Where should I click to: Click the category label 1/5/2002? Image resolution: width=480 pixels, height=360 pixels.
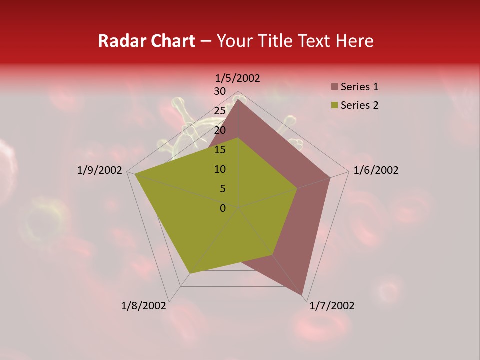click(x=237, y=78)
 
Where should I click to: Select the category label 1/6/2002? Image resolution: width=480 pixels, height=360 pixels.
click(x=376, y=170)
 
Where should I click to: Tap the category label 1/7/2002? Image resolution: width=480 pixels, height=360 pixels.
click(x=332, y=306)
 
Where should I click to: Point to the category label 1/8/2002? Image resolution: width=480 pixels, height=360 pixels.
click(x=144, y=306)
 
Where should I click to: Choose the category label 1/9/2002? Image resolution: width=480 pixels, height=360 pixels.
click(x=100, y=170)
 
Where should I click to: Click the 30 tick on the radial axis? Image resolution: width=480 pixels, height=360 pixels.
click(x=220, y=91)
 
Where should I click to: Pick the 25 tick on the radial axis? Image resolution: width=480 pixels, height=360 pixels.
click(x=220, y=111)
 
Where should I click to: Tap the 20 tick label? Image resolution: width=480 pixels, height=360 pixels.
click(x=220, y=130)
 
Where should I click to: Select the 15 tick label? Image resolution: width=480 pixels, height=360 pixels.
click(x=220, y=150)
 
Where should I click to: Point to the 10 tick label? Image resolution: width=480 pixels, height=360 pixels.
click(x=220, y=169)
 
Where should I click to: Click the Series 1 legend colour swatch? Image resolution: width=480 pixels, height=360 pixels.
click(x=334, y=87)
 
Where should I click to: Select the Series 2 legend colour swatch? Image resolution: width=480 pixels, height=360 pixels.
click(x=334, y=105)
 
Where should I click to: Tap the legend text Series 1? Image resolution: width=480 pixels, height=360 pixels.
click(x=359, y=87)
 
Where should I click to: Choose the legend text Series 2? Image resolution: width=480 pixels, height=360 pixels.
click(x=359, y=105)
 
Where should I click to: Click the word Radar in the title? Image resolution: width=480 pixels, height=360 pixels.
click(x=120, y=41)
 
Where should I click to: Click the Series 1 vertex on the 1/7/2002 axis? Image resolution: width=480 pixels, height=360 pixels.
click(x=302, y=295)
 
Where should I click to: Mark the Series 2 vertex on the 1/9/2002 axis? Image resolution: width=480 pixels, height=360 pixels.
click(x=134, y=174)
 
